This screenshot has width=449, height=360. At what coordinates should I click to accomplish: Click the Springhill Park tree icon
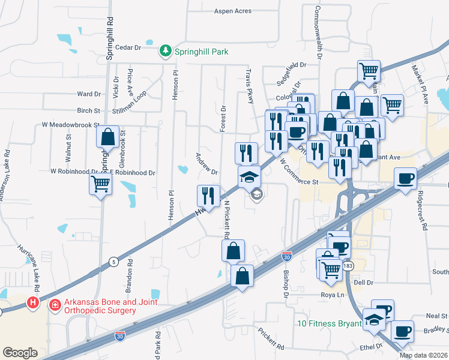[166, 52]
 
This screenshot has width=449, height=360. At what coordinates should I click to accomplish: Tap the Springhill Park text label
[201, 52]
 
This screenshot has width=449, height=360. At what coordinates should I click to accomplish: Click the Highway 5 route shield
[113, 262]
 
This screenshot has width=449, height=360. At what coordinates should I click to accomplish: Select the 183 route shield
[349, 265]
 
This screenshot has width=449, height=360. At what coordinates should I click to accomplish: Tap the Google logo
[20, 353]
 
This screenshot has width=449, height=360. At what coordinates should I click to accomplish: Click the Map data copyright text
[424, 355]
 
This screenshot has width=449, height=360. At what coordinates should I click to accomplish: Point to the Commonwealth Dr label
[319, 31]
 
